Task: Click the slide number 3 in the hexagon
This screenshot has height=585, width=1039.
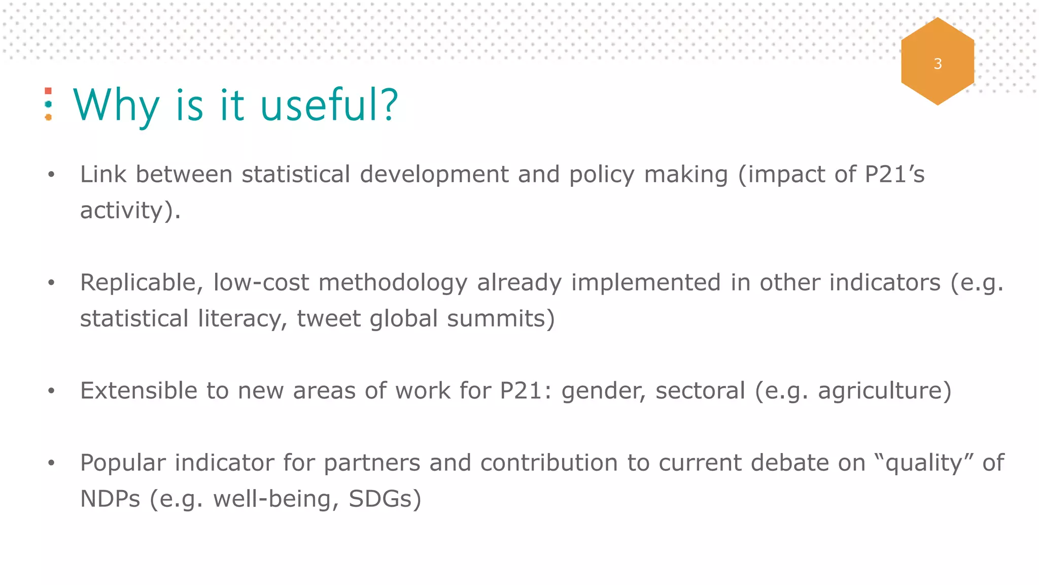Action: [938, 64]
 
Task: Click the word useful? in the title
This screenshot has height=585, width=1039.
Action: [329, 105]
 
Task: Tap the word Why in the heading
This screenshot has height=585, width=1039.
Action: [116, 106]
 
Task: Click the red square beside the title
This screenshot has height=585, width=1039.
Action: [48, 91]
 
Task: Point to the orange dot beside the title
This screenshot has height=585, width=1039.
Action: [48, 117]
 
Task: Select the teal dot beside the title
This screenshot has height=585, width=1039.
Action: [48, 104]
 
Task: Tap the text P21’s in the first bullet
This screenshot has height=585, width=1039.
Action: [894, 174]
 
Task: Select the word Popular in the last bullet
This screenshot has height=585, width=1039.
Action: [123, 463]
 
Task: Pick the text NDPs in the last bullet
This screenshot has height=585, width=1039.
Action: [110, 499]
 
